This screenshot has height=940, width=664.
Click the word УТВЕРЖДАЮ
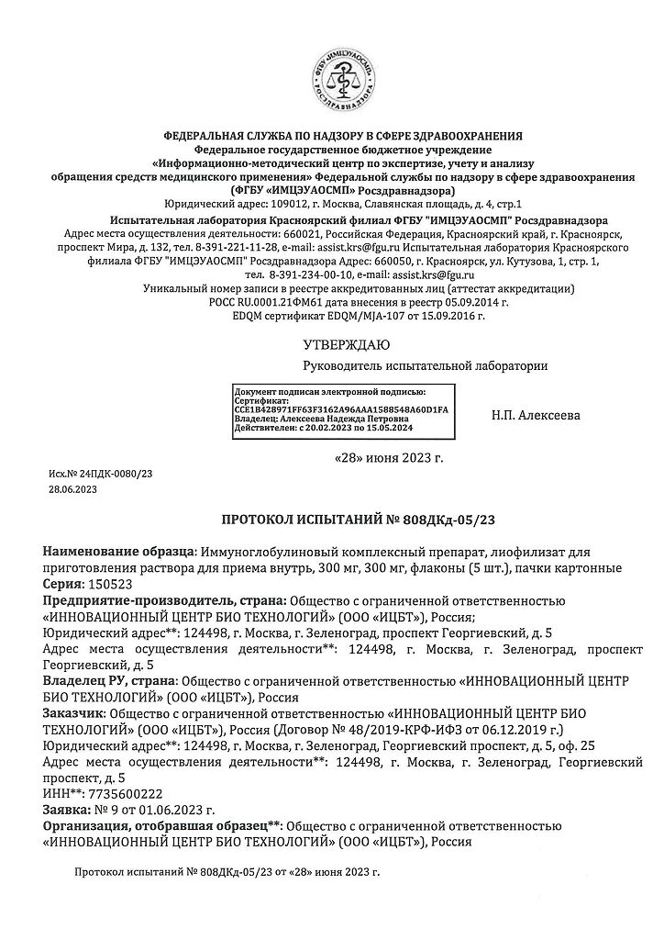coord(346,345)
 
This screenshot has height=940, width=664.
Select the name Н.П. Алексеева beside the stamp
coord(537,415)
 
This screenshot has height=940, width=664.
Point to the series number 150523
coord(107,584)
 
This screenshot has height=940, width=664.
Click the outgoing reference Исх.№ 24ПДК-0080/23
coord(101,473)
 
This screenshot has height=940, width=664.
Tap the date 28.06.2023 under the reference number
coord(72,490)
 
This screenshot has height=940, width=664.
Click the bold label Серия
coord(63,584)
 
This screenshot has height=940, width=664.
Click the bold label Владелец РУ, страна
coord(111,680)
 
